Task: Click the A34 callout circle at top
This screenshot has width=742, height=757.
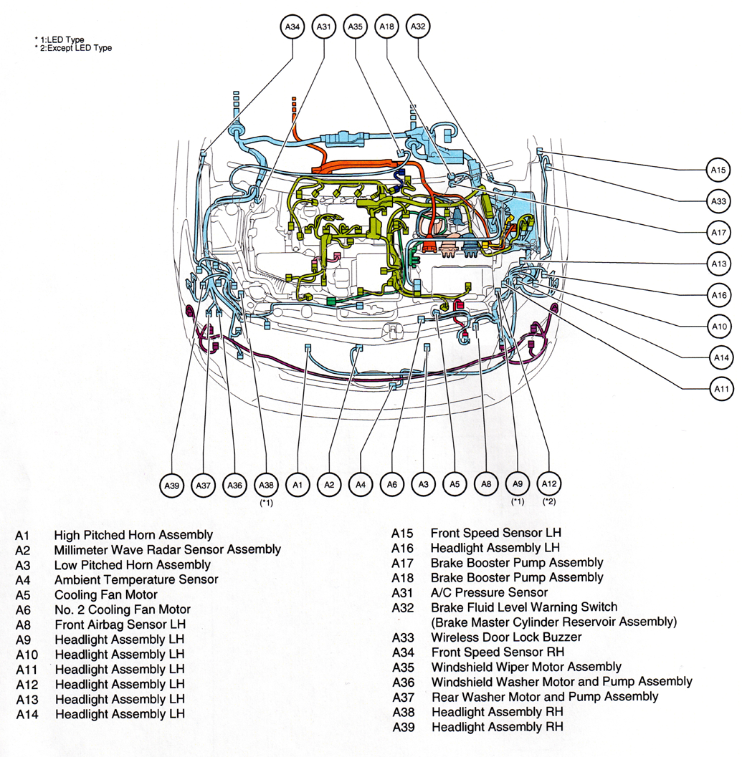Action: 292,26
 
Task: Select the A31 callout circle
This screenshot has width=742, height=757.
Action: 324,26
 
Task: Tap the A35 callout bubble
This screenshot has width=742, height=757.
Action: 356,26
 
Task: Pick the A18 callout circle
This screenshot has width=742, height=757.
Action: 387,26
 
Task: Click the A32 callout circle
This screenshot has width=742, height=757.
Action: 419,26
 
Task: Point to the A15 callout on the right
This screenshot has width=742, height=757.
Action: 719,170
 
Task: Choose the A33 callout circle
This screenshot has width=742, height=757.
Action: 719,201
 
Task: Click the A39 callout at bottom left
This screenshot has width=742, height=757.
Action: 172,486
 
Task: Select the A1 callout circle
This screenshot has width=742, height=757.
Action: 297,486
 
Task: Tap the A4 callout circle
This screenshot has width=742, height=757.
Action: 361,486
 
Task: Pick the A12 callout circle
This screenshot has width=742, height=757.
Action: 549,484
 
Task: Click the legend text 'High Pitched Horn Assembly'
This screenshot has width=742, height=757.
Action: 133,535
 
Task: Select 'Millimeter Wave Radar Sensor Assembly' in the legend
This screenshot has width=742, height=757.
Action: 167,550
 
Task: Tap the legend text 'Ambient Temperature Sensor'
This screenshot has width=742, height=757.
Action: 136,579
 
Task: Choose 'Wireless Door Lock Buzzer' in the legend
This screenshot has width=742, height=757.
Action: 506,637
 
